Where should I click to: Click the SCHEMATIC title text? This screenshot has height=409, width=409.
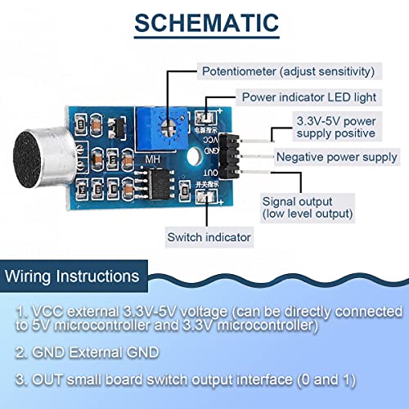(x=204, y=22)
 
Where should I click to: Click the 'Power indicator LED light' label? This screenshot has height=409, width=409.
(x=308, y=97)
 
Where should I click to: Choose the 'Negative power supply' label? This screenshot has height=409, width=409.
(x=336, y=156)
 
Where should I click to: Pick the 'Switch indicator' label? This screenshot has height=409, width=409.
(x=209, y=238)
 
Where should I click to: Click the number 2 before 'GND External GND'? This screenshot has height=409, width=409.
(x=21, y=353)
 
